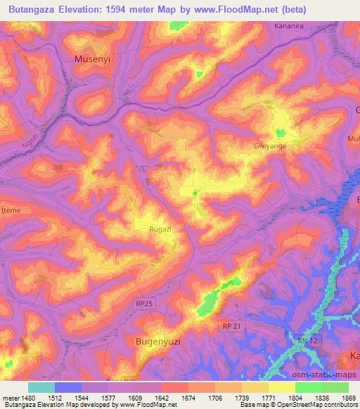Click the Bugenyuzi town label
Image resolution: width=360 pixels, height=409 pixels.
pos(157,341)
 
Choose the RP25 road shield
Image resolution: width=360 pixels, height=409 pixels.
pos(143,303)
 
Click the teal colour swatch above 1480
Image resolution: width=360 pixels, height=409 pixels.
pos(41,387)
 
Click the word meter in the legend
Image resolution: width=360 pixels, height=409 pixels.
pos(11,398)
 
